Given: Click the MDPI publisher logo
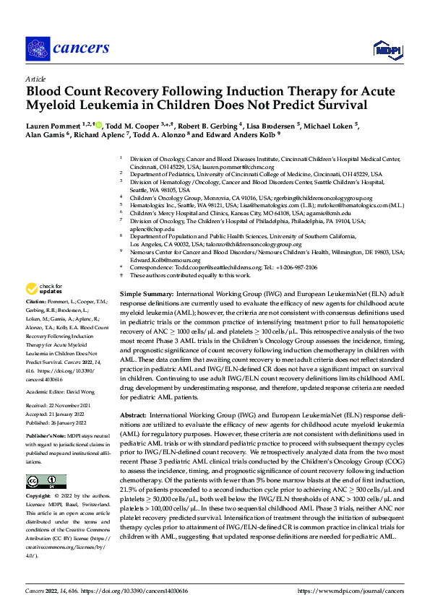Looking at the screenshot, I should [x=384, y=49].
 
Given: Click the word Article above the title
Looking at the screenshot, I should [x=35, y=79].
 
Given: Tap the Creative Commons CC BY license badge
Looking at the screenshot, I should [x=46, y=462].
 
